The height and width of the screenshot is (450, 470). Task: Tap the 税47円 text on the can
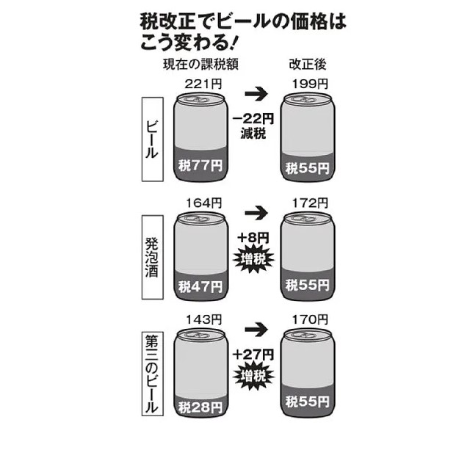coord(196,284)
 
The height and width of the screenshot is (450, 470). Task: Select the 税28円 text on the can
coord(196,402)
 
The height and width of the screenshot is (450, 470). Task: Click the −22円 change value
coord(253,119)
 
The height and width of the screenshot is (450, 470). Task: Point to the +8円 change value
coord(253,239)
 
